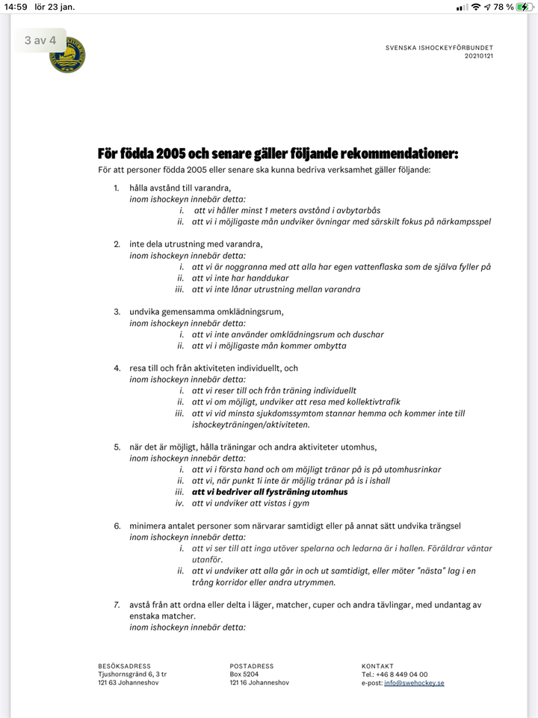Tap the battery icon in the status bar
[525, 7]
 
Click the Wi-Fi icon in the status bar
[476, 7]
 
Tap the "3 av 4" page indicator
[40, 40]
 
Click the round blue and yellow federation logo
[67, 55]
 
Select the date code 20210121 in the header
[479, 56]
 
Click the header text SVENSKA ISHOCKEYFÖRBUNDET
[439, 48]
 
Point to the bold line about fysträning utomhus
[270, 492]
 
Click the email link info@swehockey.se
[414, 683]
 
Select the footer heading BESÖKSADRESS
[124, 666]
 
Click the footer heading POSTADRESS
[252, 666]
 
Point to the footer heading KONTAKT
[377, 666]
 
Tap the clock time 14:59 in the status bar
[16, 7]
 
